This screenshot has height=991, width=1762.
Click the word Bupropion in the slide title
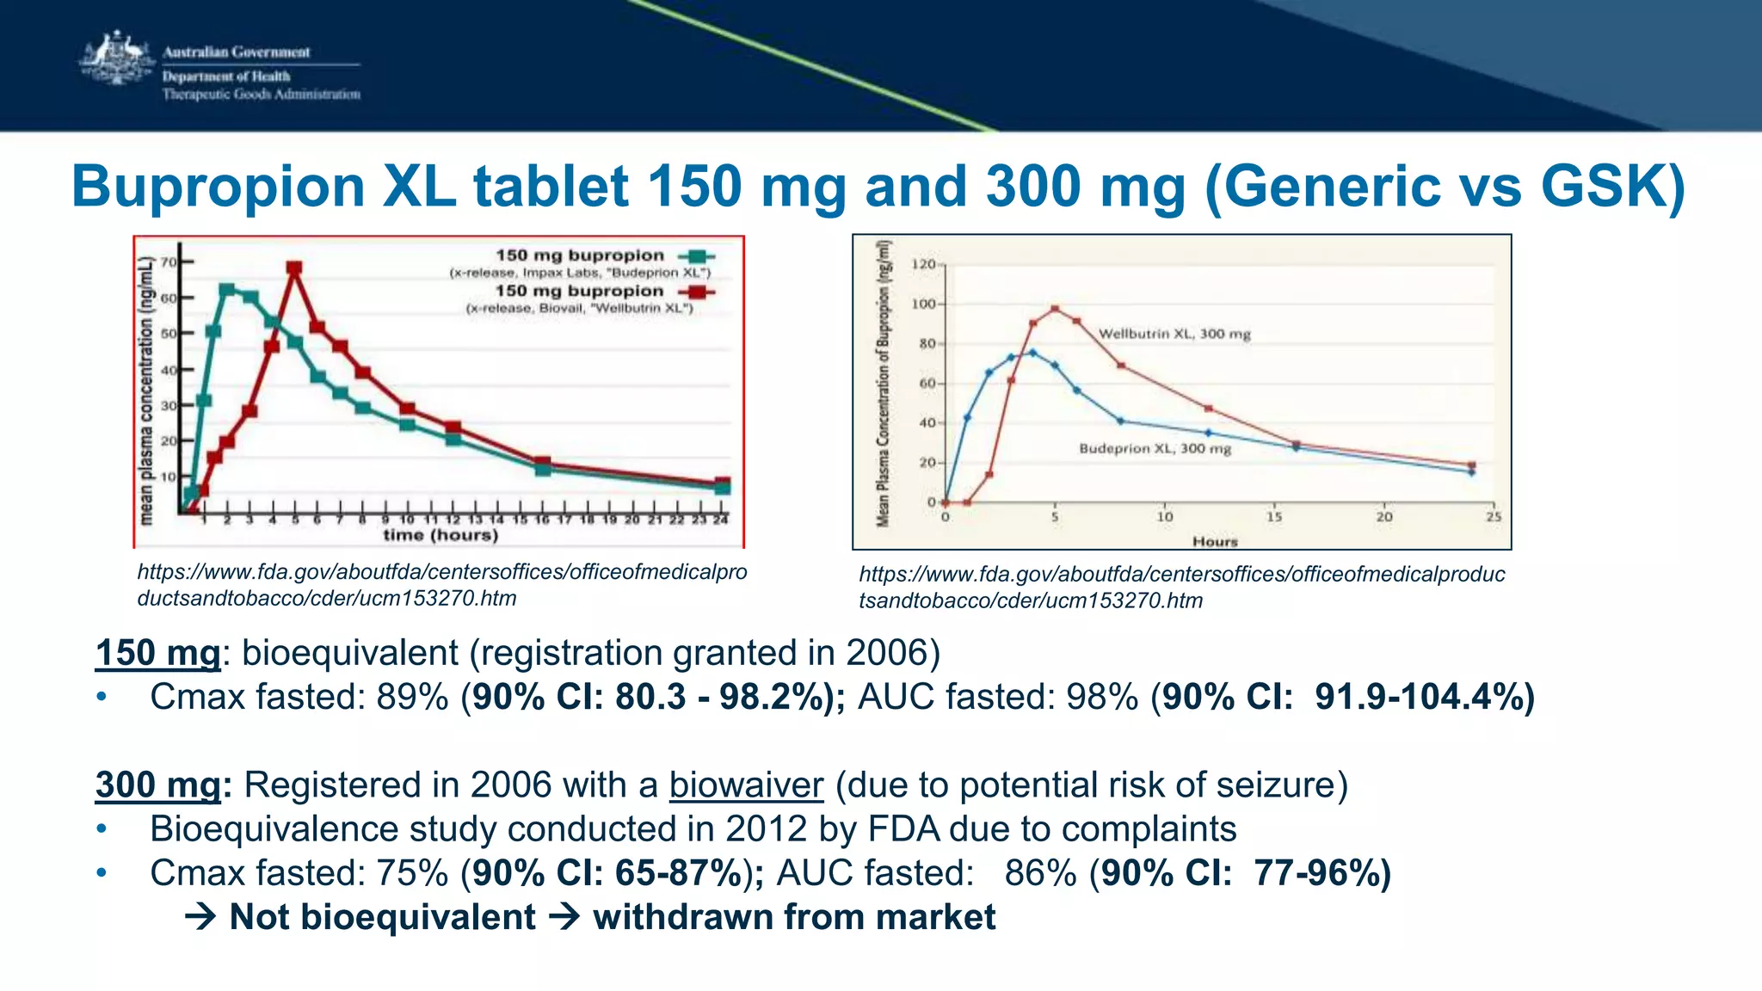219,186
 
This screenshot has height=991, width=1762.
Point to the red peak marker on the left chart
294,269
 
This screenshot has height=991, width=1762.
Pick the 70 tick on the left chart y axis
169,262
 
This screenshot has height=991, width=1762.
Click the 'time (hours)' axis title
440,535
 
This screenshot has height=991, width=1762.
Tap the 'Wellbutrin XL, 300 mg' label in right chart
1174,334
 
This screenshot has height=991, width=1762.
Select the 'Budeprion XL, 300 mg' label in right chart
1155,448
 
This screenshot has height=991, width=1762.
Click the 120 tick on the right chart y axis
923,264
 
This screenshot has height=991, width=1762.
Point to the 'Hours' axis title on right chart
1215,541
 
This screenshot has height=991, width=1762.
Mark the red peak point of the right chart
1055,309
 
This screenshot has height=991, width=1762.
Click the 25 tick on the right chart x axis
1494,517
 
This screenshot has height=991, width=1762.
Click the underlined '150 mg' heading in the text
157,653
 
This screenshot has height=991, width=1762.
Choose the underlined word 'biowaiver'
746,785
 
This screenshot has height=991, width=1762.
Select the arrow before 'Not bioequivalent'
200,917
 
